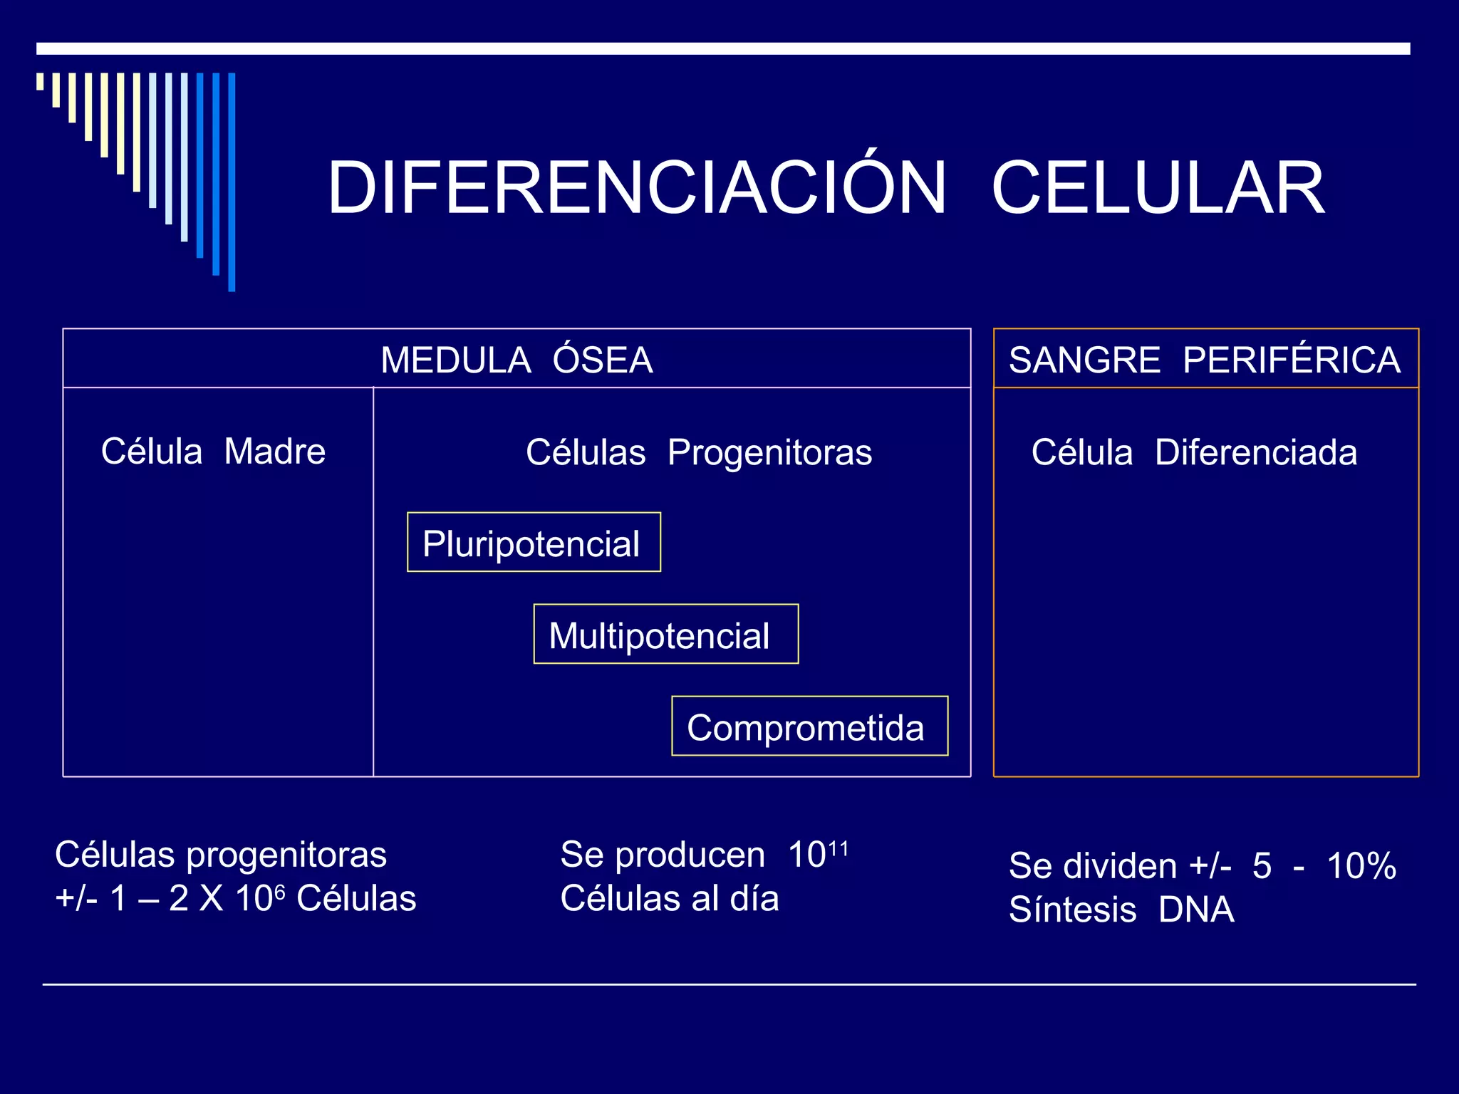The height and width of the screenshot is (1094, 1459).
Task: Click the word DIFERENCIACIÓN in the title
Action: click(x=636, y=188)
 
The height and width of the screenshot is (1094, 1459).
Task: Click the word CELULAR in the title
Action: click(x=1158, y=188)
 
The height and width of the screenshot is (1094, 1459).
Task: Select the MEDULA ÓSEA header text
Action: click(x=516, y=360)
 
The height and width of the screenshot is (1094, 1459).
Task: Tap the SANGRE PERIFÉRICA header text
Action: click(x=1205, y=360)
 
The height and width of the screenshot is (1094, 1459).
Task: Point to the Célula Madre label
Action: click(x=213, y=451)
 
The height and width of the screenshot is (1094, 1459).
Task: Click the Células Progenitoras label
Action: click(x=699, y=452)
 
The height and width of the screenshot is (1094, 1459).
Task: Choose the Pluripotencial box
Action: click(x=534, y=543)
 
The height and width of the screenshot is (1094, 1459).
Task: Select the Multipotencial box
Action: click(x=665, y=635)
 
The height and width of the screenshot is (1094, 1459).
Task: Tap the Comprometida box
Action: click(x=809, y=726)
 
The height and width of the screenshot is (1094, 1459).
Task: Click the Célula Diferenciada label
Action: click(x=1194, y=452)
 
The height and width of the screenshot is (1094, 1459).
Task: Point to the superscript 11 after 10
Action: click(x=838, y=848)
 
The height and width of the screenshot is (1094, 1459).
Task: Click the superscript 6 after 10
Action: click(x=280, y=892)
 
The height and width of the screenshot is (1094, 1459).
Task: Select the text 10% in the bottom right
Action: click(x=1361, y=866)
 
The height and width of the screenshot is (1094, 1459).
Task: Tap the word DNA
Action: click(x=1196, y=910)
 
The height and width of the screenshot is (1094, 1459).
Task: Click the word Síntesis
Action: click(x=1072, y=910)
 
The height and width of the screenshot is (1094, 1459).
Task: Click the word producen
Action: click(x=690, y=855)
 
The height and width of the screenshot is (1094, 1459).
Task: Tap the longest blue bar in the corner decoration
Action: click(x=232, y=182)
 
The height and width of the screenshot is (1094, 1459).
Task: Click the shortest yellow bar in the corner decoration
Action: click(x=40, y=81)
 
